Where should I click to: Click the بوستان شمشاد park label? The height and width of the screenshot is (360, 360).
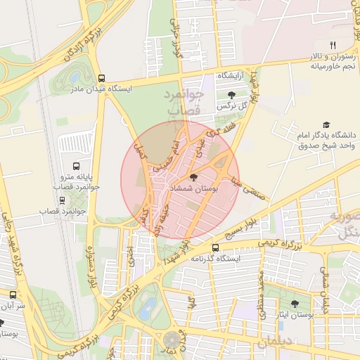point(193,191)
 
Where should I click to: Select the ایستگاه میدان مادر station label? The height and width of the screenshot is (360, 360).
point(102,90)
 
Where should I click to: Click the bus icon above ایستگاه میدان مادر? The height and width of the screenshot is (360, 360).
point(102,79)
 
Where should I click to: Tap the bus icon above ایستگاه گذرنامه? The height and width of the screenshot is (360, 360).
point(215,247)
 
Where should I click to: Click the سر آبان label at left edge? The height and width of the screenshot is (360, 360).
point(13,307)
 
